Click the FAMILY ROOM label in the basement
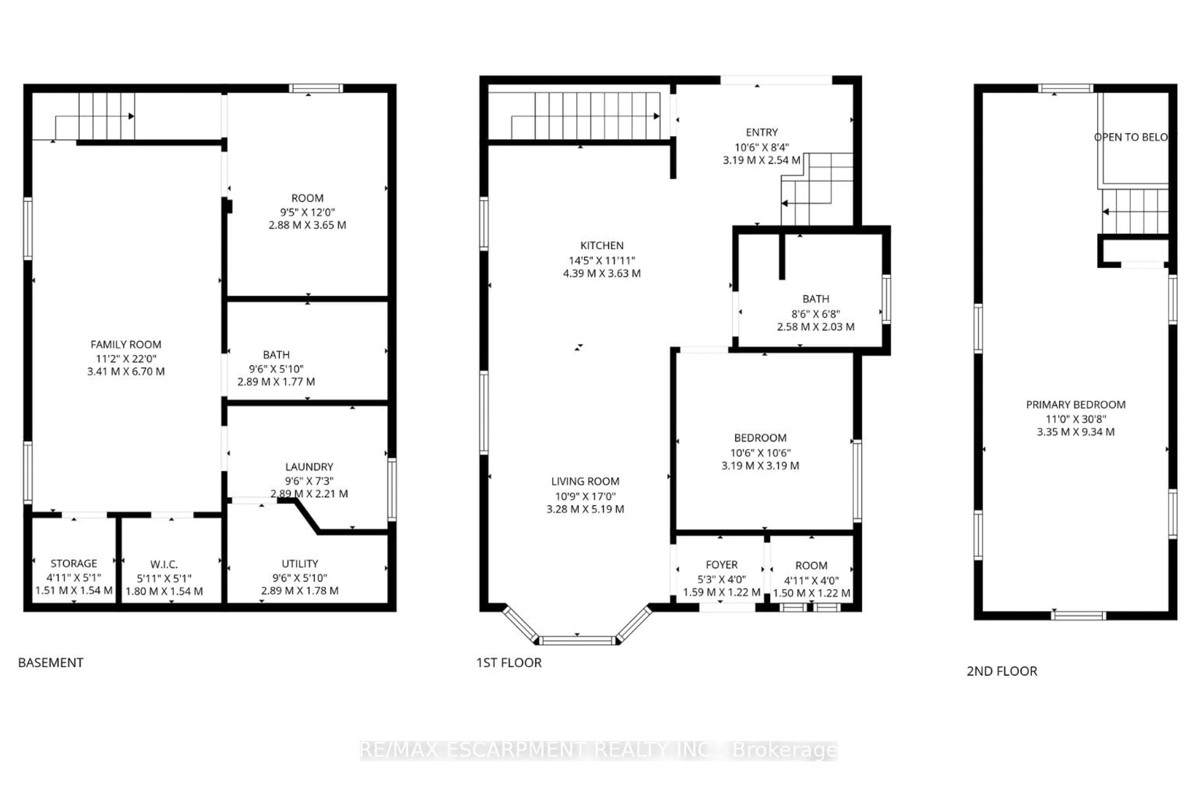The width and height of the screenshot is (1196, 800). click(126, 344)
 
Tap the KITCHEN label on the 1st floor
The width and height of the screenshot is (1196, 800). click(601, 245)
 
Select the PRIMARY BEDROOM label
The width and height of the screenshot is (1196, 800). click(1075, 405)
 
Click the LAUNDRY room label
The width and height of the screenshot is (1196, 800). click(309, 467)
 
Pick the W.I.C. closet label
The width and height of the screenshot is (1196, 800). click(164, 564)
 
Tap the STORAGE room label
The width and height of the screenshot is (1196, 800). click(74, 563)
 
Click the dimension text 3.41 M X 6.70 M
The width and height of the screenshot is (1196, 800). click(126, 371)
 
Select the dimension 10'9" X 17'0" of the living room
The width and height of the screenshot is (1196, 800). click(585, 496)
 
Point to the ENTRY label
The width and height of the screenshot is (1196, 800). click(762, 133)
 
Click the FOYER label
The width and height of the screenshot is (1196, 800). click(721, 565)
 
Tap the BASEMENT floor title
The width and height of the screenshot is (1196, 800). click(50, 663)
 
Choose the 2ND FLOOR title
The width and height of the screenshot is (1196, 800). click(1002, 671)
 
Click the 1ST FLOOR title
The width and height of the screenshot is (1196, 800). click(508, 663)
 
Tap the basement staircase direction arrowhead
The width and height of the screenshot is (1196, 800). click(131, 116)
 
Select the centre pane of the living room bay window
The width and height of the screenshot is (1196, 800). click(577, 640)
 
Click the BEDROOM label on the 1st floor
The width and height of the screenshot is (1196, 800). click(760, 438)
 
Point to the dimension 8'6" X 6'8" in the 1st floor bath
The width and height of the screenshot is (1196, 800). click(815, 314)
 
